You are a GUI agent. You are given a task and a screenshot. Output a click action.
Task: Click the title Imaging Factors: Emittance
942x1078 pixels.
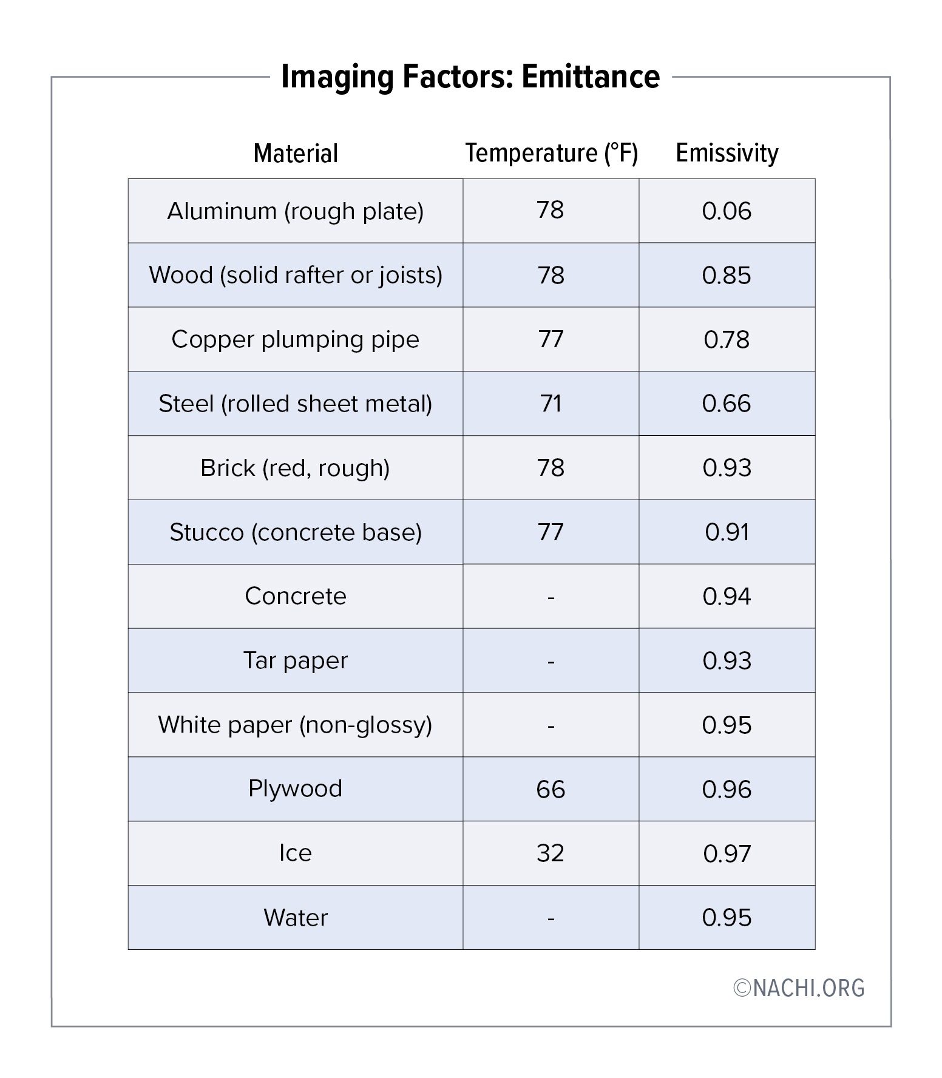coord(470,77)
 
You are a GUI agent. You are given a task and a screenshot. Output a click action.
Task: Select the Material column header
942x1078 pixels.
coord(296,154)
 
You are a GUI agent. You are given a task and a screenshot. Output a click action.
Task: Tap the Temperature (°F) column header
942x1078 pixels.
coord(551,153)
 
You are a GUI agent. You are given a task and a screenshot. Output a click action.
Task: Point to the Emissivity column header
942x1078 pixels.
coord(727,153)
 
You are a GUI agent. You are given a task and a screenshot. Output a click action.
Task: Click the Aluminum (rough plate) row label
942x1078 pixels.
coord(296,211)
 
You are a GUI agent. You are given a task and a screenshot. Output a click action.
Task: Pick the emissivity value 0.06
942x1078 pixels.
coord(727,211)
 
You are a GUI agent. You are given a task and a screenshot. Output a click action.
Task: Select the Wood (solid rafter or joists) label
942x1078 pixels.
coord(296,276)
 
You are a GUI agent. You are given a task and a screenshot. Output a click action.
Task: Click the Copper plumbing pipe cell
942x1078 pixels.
coord(296,339)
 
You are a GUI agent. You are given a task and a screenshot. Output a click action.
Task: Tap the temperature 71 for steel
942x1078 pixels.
coord(551,404)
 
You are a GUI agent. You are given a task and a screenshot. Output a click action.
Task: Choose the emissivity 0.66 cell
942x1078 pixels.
coord(727,404)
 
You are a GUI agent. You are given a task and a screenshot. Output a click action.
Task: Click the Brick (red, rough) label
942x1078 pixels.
coord(296,468)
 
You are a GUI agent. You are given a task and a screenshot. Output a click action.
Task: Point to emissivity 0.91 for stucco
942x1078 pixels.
coord(727,532)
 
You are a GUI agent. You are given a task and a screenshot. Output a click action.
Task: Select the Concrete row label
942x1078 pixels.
coord(296,596)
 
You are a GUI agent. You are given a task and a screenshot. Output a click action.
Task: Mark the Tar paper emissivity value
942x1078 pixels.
coord(727,660)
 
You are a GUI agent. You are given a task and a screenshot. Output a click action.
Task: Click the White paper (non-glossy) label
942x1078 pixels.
coord(296,725)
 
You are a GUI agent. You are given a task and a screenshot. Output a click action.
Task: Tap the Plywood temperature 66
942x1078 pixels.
coord(551,789)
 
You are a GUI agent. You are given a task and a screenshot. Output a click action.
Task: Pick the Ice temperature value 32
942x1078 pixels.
coord(551,853)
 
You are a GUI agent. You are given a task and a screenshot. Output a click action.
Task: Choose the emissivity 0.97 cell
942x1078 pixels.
coord(727,853)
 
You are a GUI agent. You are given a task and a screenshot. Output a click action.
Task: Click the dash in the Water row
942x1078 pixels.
coord(551,918)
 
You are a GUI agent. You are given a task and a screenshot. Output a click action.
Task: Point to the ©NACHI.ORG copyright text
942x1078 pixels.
coord(799,988)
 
